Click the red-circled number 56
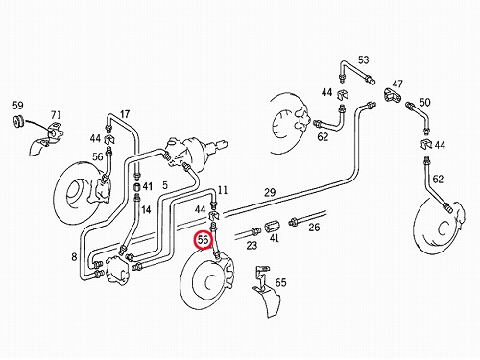pos(204,239)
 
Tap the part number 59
pos(18,105)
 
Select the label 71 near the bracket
pos(56,115)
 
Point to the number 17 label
pos(125,114)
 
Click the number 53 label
pos(363,60)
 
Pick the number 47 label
pos(397,84)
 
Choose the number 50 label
pos(424,102)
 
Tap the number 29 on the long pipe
pos(270,192)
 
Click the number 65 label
pos(280,282)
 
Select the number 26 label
pos(314,228)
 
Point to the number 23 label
pos(252,245)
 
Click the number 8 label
pos(74,256)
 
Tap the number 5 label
pos(165,185)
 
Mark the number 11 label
pos(223,190)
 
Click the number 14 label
pos(146,210)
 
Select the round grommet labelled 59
pos(18,121)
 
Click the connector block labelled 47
pos(392,95)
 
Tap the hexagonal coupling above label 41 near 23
pos(272,227)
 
